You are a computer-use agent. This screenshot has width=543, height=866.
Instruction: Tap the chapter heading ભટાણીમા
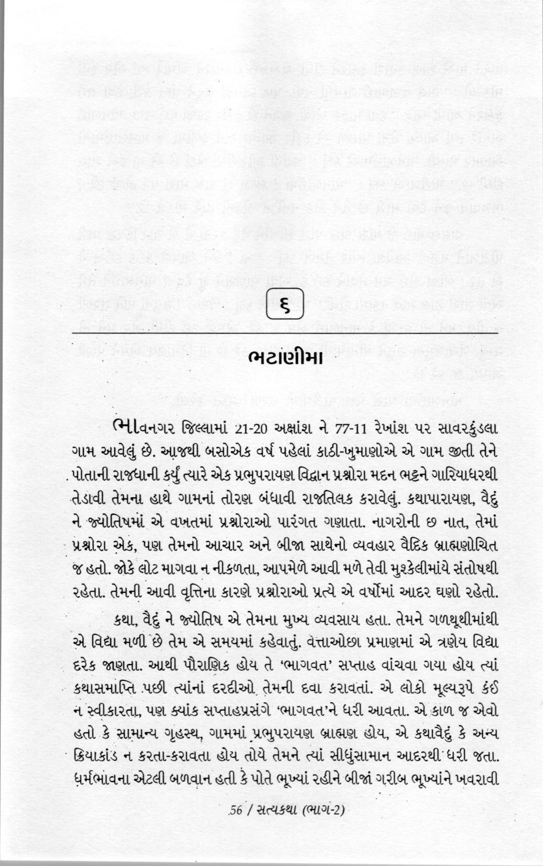click(x=286, y=357)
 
